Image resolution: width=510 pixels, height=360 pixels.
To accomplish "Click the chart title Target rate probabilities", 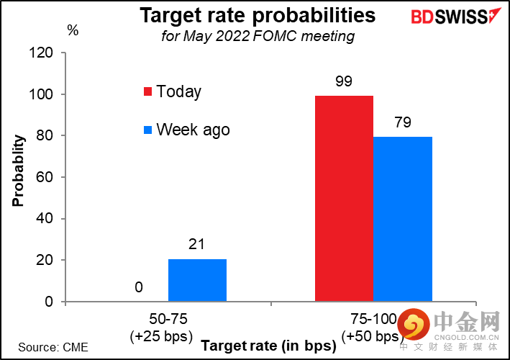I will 257,15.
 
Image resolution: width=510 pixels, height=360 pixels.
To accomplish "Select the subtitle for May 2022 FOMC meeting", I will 258,36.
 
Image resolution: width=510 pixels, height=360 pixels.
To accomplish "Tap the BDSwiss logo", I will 447,17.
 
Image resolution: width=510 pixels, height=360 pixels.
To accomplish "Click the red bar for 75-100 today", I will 344,199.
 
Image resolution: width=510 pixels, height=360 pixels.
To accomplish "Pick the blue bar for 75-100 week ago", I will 402,219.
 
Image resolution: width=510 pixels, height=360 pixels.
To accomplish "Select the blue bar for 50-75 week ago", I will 197,280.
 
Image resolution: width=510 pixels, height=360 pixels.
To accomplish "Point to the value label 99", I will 344,81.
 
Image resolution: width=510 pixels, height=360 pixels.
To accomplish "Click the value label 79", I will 402,122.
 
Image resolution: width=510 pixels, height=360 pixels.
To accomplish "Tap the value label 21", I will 197,246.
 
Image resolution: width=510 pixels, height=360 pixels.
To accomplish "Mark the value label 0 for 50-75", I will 139,288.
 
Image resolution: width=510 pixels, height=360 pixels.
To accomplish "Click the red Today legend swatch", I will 147,92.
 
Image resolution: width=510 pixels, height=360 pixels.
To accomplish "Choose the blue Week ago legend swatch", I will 147,130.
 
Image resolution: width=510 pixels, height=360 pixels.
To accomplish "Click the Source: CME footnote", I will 53,347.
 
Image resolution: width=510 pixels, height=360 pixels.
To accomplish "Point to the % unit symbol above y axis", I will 73,30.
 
